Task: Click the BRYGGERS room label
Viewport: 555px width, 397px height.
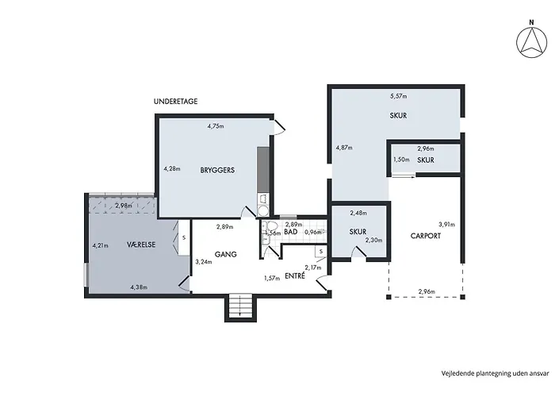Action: tap(217, 170)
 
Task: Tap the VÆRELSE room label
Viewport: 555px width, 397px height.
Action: tap(141, 245)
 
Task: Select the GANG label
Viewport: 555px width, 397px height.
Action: tap(226, 254)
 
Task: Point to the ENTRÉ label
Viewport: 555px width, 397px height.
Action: tap(295, 276)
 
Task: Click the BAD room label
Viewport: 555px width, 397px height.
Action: tap(291, 232)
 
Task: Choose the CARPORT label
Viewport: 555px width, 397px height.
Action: tap(426, 236)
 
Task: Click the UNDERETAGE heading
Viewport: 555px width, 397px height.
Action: tap(175, 102)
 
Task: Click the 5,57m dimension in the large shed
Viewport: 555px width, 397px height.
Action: tap(399, 96)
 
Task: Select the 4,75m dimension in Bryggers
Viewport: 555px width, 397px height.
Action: tap(216, 125)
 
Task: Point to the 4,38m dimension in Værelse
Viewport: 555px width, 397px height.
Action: tap(139, 287)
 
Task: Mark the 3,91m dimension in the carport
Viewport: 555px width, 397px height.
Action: tap(446, 225)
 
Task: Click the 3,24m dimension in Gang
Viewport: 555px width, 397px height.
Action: tap(204, 262)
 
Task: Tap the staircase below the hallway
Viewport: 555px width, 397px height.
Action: tap(241, 306)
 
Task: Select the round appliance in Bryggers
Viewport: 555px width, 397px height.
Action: tap(263, 211)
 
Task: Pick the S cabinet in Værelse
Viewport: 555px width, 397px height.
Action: tap(184, 237)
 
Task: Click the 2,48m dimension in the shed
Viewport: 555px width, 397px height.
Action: tap(358, 213)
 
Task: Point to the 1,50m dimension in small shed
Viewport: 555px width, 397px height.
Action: tap(401, 160)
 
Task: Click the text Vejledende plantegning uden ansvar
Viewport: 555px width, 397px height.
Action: tap(496, 373)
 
